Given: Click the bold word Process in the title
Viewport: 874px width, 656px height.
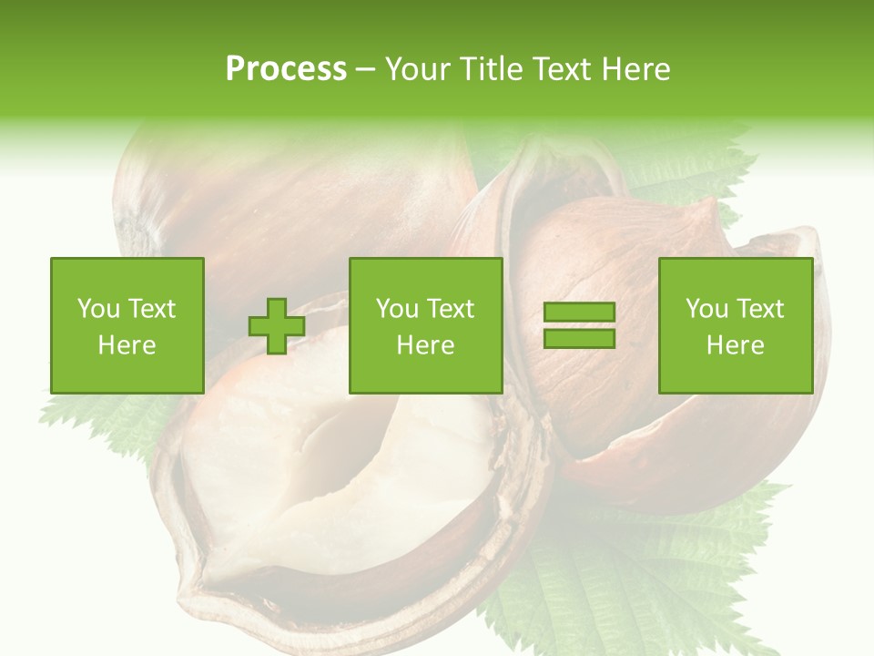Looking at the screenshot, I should (x=286, y=69).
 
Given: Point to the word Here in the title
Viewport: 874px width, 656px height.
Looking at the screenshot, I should (x=635, y=69).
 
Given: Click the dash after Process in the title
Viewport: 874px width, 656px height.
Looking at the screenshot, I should (x=365, y=71).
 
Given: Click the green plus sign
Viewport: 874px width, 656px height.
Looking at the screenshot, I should (x=277, y=326).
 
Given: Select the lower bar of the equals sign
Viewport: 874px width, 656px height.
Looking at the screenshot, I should (x=579, y=338).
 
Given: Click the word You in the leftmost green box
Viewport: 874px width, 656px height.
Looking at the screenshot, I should (x=97, y=309).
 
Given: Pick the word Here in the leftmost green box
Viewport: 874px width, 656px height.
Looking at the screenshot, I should (x=127, y=345).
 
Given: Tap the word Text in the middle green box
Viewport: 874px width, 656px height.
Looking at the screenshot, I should (x=451, y=309).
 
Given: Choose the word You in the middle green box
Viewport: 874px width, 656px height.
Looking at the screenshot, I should (x=396, y=309).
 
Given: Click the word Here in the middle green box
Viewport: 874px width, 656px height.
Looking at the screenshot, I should (x=425, y=345).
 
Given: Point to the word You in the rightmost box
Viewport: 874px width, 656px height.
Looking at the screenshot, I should (x=705, y=309).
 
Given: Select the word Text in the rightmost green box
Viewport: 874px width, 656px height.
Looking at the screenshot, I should (x=760, y=309).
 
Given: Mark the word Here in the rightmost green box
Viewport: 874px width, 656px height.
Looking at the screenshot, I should (x=735, y=345).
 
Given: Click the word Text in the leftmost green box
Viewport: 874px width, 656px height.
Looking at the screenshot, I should (x=151, y=309).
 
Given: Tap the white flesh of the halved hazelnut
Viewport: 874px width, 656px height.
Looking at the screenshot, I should (x=346, y=474).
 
